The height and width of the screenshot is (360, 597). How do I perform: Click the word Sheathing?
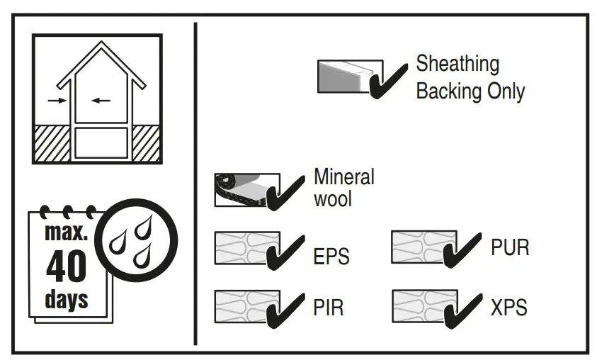click(457, 64)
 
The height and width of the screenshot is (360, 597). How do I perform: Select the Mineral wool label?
click(343, 187)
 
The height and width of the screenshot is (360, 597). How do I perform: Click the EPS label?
click(331, 256)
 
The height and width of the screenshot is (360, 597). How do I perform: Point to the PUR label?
click(509, 248)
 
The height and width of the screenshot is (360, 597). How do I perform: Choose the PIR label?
click(329, 308)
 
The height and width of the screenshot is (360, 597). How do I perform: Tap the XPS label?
click(508, 308)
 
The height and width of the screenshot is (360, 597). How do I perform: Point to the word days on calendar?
click(67, 298)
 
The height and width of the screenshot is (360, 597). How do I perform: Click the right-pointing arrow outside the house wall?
click(56, 101)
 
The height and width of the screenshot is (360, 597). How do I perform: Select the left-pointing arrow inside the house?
click(101, 101)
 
